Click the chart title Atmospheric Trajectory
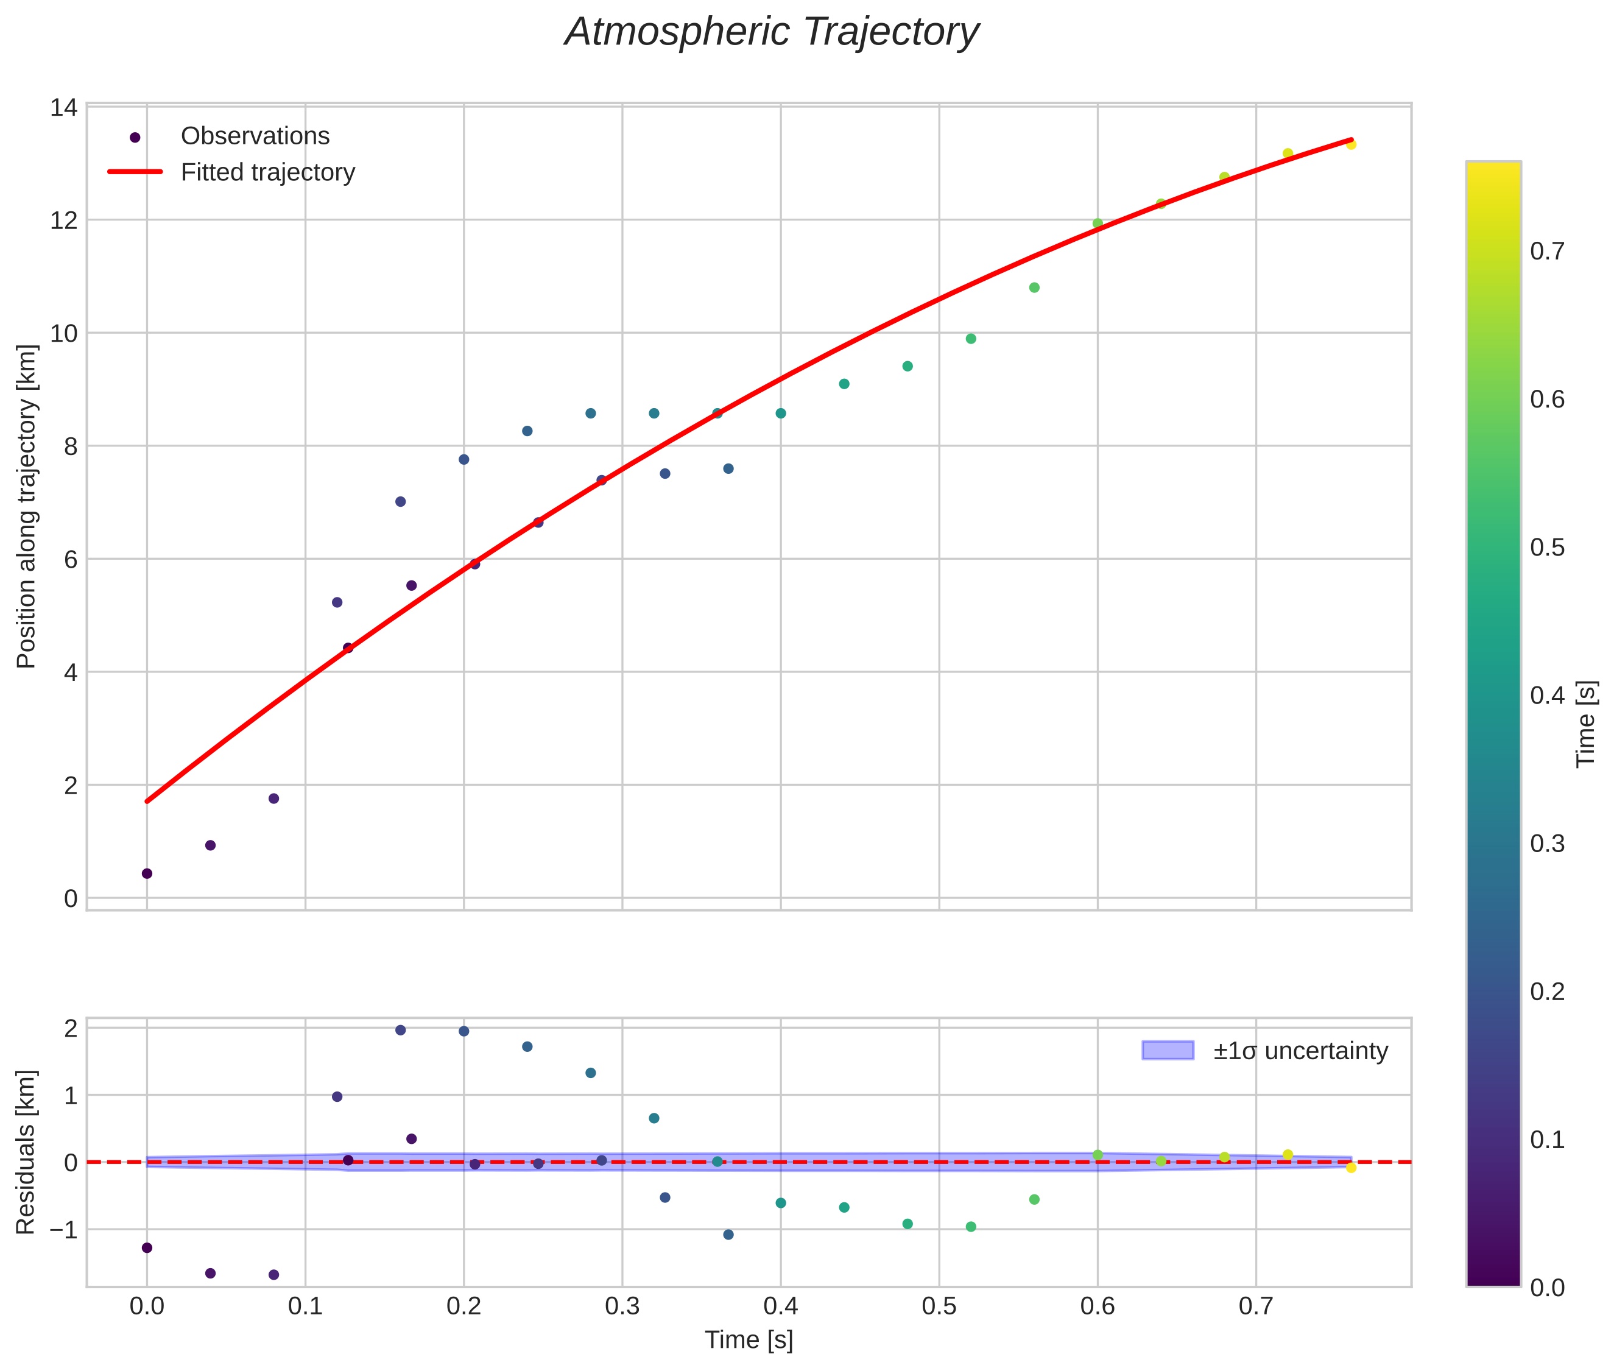pos(772,32)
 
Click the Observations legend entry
pos(255,136)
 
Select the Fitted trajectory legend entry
pos(267,172)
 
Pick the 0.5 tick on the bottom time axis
pos(939,1306)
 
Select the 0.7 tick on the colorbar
pos(1547,252)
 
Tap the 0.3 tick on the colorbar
pos(1547,844)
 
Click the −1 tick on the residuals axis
pos(62,1230)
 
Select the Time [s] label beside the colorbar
pos(1586,724)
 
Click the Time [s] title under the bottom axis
pos(749,1340)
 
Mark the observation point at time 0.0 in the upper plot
pos(147,873)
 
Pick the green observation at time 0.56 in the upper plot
pos(1034,287)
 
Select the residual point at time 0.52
pos(970,1227)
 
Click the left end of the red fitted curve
pos(147,801)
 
